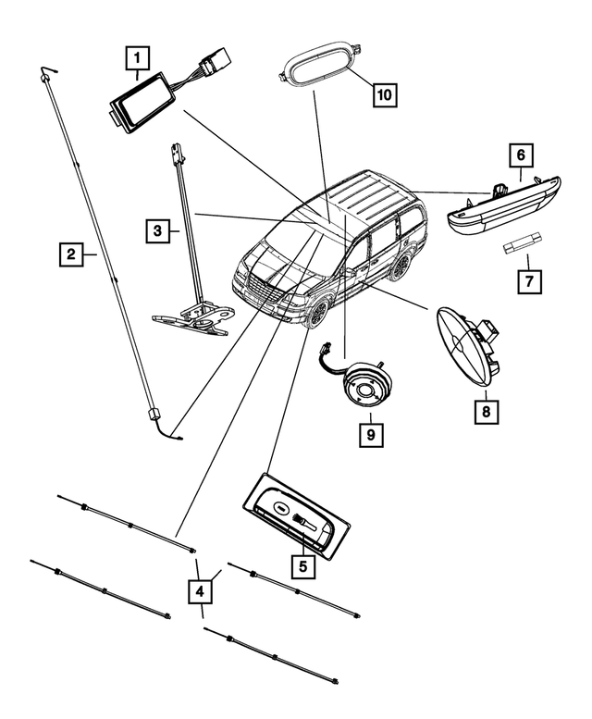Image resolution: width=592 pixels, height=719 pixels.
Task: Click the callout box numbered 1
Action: pos(137,61)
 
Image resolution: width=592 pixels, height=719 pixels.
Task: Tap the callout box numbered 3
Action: pos(158,230)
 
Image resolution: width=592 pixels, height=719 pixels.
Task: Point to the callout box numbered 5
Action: pos(302,563)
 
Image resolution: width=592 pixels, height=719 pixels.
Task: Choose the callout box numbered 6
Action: pos(521,156)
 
